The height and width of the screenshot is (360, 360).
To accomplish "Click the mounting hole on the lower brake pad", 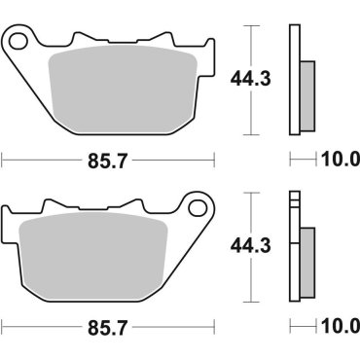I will [x=202, y=208].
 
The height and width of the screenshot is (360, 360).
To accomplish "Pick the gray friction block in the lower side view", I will [x=306, y=259].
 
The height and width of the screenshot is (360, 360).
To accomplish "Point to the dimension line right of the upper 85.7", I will [x=175, y=157].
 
